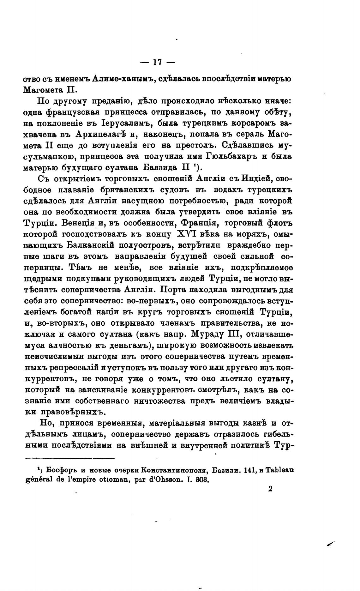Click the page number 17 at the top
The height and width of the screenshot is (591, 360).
(x=157, y=63)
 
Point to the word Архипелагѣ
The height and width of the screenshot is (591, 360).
(x=101, y=134)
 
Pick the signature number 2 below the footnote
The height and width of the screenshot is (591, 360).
(x=269, y=489)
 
